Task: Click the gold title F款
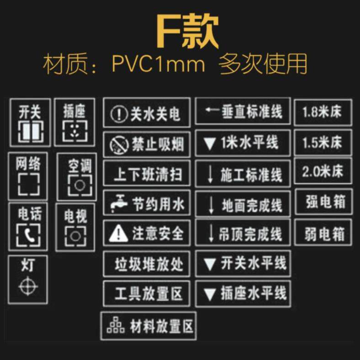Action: coord(187,31)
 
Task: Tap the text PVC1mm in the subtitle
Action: coord(159,64)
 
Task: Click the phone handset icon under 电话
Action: coord(28,235)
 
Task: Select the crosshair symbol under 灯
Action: coord(28,286)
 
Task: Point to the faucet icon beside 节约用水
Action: coord(118,203)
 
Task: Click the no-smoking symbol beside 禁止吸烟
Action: coord(119,145)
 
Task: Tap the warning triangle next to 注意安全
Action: coord(118,233)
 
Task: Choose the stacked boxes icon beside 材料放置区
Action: coord(116,325)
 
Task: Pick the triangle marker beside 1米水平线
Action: coord(209,144)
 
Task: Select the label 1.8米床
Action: coord(322,112)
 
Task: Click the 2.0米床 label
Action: coord(323,171)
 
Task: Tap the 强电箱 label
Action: coord(326,202)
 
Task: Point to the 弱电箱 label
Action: coord(325,234)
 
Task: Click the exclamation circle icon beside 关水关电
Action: coord(119,114)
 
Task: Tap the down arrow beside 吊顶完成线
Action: coord(211,233)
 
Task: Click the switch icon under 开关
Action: coord(31,132)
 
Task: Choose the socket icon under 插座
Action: coord(75,131)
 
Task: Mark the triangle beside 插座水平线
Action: coord(209,294)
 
